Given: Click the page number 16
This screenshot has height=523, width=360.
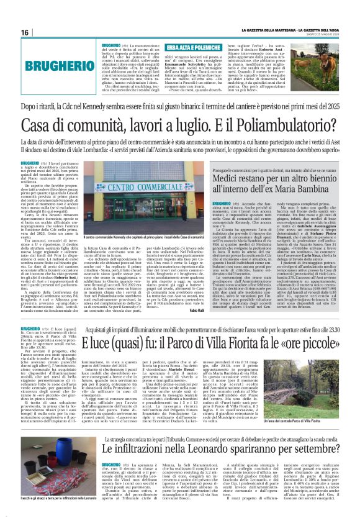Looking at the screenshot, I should pyautogui.click(x=25, y=32).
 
